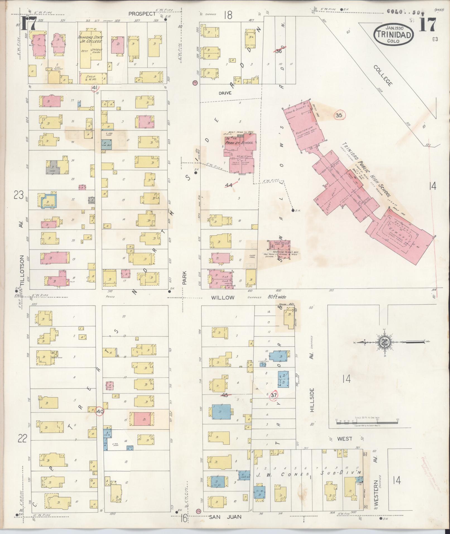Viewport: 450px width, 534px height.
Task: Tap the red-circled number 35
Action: pyautogui.click(x=339, y=115)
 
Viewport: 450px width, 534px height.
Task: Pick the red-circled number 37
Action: pyautogui.click(x=274, y=395)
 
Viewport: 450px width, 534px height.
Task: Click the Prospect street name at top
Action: pyautogui.click(x=142, y=13)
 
